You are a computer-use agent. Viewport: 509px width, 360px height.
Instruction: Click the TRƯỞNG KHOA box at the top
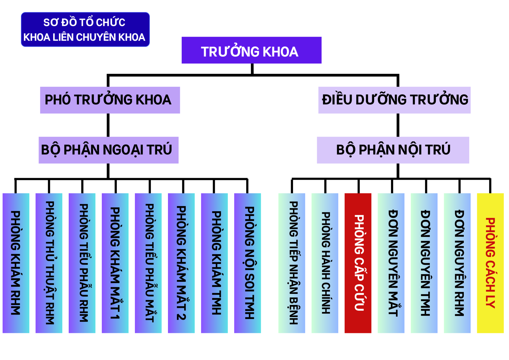(251, 50)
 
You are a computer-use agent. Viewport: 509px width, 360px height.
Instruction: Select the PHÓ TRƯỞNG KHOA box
(110, 100)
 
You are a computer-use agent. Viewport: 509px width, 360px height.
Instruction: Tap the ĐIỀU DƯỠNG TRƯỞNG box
(394, 100)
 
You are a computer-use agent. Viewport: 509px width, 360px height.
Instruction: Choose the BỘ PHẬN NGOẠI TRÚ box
(108, 150)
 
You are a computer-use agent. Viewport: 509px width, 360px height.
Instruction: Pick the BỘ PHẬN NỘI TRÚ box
(393, 150)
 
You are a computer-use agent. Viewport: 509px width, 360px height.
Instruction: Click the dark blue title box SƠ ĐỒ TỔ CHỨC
(85, 30)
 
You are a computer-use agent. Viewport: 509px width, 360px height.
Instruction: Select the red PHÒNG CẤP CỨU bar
(358, 263)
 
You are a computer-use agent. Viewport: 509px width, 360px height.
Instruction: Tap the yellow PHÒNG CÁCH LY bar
(490, 263)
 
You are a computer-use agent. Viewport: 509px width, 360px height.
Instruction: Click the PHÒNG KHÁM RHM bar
(16, 263)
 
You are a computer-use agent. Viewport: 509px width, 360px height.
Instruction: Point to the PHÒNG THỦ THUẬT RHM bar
(49, 263)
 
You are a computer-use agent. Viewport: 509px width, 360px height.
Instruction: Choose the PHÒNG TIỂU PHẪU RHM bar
(82, 263)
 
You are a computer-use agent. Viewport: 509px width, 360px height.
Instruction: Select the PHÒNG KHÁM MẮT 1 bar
(115, 263)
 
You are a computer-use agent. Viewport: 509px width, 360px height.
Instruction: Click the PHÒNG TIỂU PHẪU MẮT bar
(148, 263)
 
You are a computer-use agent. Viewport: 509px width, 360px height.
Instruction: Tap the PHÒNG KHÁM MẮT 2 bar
(181, 263)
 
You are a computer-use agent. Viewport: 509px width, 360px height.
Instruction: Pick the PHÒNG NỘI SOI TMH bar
(248, 263)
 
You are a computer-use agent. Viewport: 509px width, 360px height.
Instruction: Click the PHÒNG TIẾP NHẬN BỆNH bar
(292, 263)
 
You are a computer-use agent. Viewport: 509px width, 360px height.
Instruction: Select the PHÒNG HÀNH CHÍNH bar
(325, 263)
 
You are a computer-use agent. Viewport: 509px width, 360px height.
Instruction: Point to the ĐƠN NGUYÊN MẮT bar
(391, 263)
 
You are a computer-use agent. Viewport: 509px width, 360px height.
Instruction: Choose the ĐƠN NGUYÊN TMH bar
(424, 263)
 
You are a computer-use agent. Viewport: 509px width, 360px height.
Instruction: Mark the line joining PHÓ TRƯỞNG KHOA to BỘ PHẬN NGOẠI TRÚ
(108, 125)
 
